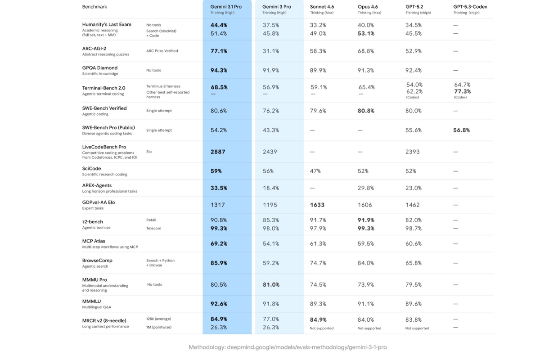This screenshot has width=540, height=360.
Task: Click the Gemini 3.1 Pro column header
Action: coord(226,7)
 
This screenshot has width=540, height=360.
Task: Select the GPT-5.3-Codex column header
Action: coord(470,7)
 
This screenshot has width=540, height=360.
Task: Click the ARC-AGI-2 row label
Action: coord(94,48)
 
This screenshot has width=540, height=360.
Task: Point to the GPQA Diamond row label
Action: coord(99,68)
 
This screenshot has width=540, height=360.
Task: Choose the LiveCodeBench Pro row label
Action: coord(104,147)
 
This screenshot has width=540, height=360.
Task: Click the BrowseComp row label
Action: coord(97,260)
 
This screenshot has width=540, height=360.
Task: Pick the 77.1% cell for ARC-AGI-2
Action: coord(219,51)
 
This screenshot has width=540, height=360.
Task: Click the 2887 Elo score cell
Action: coord(218,152)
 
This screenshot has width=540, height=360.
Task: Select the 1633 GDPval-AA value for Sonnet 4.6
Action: coord(317,205)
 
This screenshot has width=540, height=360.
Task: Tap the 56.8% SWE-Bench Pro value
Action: coord(462,130)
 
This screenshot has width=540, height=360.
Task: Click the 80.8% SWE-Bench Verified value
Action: coord(366,111)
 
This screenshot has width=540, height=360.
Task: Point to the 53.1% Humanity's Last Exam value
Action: coord(366,33)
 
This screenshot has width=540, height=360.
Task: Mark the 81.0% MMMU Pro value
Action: coord(271,284)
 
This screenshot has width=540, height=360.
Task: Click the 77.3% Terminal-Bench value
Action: coord(462,91)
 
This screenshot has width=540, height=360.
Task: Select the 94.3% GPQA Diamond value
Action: coord(219,70)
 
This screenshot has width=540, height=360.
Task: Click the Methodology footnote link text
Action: coord(288,347)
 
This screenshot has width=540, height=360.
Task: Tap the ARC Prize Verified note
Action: coord(162,51)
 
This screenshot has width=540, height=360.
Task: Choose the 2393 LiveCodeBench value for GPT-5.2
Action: coord(412,152)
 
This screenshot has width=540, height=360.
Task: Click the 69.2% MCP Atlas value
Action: coord(219,243)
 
